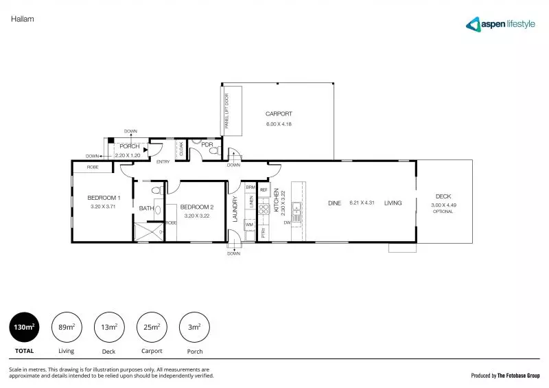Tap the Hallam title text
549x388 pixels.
tap(23, 19)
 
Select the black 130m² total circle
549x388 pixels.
tap(24, 328)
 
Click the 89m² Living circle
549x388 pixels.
tap(67, 328)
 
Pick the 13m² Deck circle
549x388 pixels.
tap(109, 328)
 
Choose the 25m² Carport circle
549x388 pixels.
tap(152, 328)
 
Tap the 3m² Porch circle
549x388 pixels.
tap(194, 328)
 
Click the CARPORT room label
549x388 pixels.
tap(279, 114)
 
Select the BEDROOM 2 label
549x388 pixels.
tap(197, 207)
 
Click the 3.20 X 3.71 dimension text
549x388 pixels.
tap(100, 206)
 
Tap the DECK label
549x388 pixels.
tap(443, 197)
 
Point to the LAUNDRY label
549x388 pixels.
tap(235, 209)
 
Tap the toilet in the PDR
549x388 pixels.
tap(213, 150)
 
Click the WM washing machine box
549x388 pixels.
tap(249, 225)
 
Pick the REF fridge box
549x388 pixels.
tap(264, 187)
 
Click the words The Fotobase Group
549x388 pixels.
tap(519, 376)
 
